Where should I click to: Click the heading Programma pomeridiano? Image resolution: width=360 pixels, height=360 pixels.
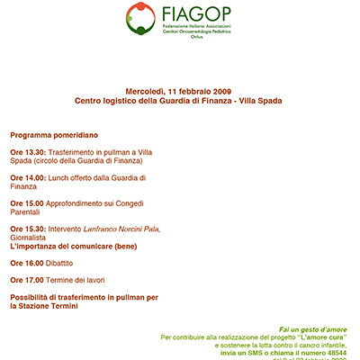(x=54, y=134)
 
